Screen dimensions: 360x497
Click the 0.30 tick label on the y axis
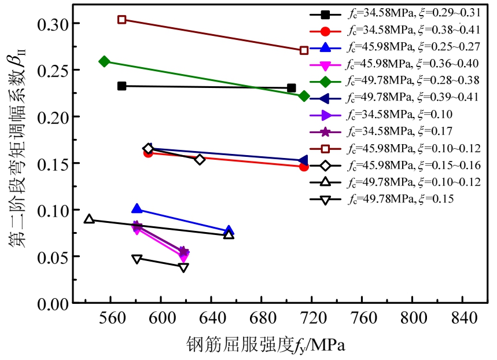pos(51,23)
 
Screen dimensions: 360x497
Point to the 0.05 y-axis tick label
pos(51,256)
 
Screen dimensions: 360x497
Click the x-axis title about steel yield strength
pos(266,346)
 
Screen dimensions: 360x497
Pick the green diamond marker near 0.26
pos(105,61)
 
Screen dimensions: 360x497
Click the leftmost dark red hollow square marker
pos(122,20)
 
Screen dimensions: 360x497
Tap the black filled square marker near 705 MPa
pos(291,88)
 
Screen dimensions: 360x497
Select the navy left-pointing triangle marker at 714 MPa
pos(303,160)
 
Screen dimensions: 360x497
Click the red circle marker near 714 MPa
pos(304,167)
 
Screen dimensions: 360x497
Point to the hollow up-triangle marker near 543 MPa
pos(89,219)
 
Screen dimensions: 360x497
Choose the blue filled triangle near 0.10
pos(137,208)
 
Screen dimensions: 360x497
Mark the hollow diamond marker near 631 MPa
pos(200,159)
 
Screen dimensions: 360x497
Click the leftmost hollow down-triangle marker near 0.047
pos(137,259)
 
